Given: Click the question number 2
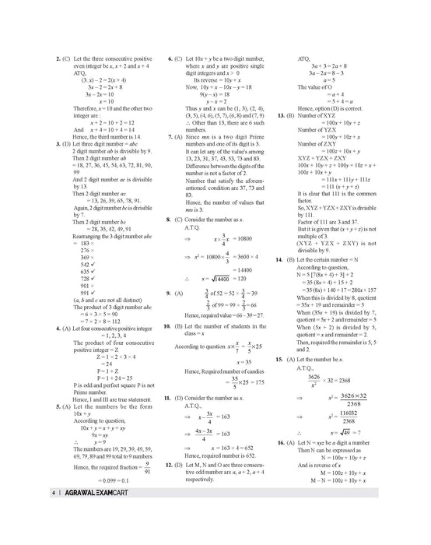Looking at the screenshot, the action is click(x=38, y=58).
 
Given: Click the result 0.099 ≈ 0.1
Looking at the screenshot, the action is click(x=89, y=482).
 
